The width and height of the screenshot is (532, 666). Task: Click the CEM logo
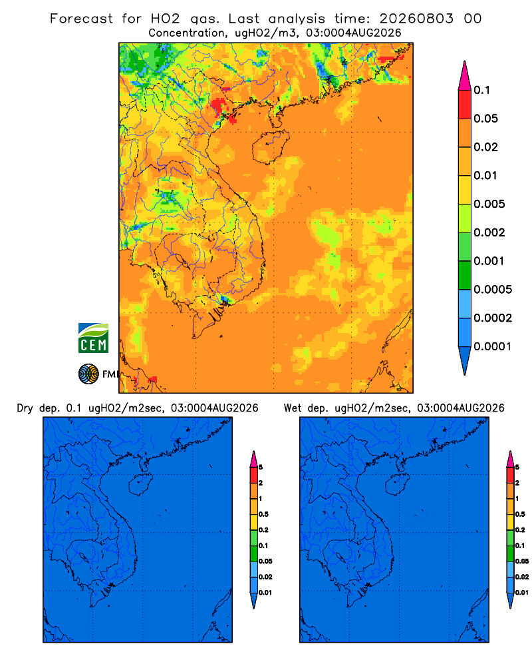tap(93, 338)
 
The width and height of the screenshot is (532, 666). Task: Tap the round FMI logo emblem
tap(88, 374)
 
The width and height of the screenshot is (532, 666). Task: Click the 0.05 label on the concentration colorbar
tap(485, 119)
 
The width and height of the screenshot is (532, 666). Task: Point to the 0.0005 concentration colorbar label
tap(493, 290)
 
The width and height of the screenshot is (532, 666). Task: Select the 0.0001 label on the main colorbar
tap(493, 346)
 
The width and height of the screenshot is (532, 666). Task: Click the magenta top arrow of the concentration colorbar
tap(465, 75)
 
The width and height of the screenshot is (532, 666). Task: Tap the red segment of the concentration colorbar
tap(465, 105)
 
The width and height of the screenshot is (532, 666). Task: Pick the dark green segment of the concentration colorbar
tap(465, 275)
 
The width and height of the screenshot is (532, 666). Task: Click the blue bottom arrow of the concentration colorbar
tap(465, 361)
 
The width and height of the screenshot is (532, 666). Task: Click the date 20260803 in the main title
tap(416, 19)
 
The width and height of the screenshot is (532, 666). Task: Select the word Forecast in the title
tap(81, 19)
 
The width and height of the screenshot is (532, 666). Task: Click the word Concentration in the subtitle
tap(187, 33)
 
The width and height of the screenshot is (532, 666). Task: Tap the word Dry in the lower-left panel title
tap(25, 409)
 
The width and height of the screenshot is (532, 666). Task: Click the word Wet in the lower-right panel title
tap(293, 408)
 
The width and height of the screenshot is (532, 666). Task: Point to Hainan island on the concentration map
tap(271, 147)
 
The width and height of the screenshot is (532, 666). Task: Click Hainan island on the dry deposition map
tap(140, 484)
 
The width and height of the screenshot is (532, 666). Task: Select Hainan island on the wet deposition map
tap(398, 484)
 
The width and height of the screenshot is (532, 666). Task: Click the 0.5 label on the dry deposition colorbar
tap(263, 514)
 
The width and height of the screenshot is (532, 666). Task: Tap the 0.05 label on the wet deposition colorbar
tap(522, 561)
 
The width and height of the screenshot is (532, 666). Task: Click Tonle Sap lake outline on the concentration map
tap(181, 260)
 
